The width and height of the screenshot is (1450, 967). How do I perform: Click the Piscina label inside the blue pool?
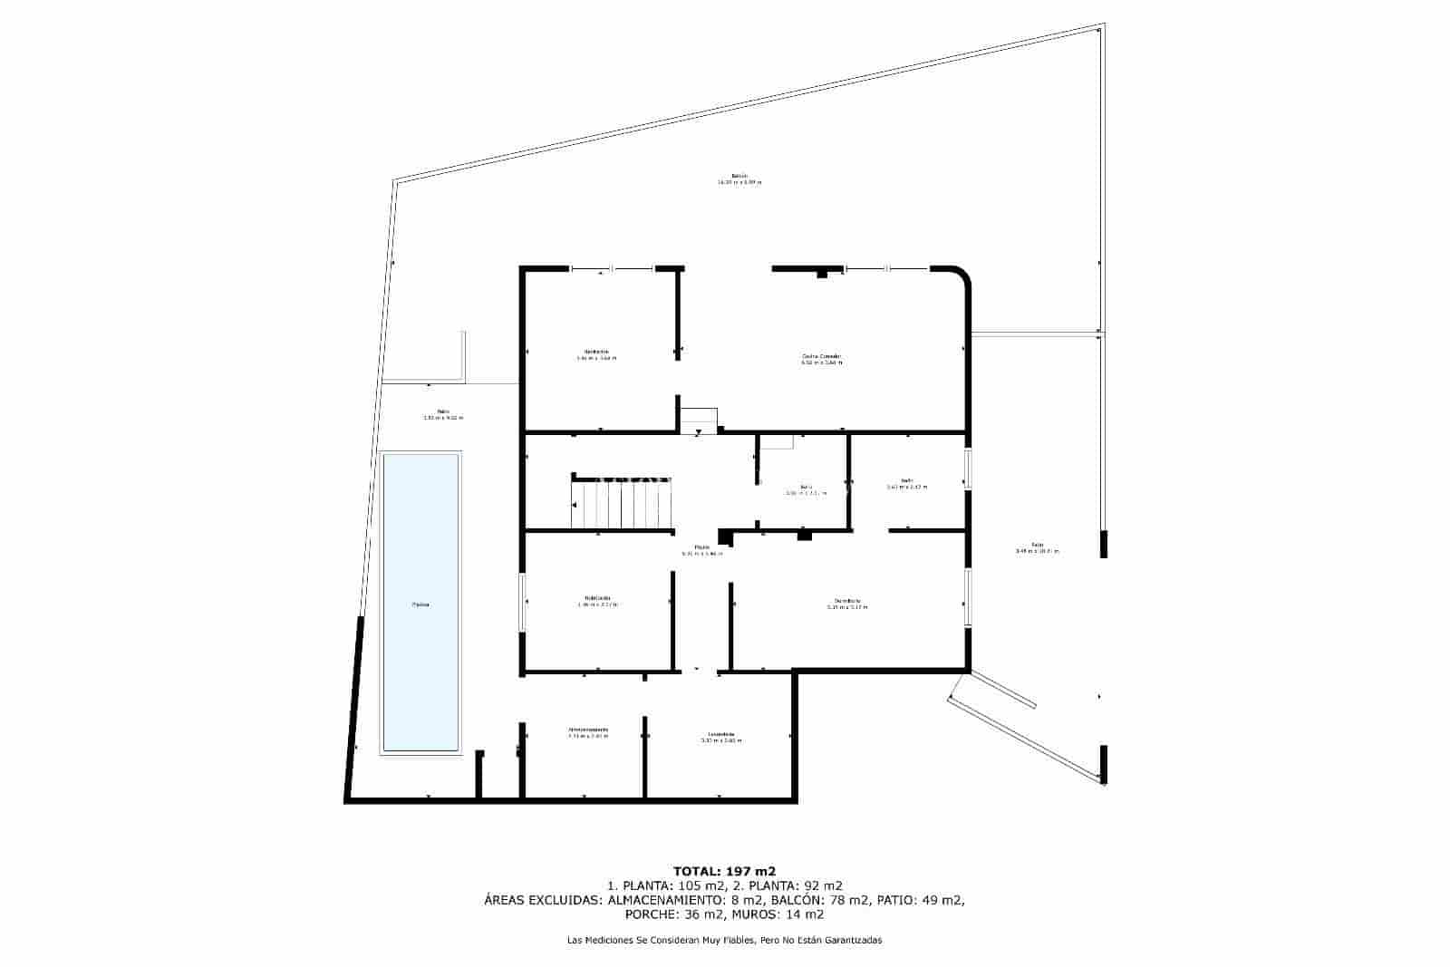pyautogui.click(x=420, y=604)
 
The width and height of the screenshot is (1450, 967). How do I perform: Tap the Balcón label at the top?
pyautogui.click(x=739, y=176)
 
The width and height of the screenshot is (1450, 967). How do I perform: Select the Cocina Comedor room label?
pyautogui.click(x=821, y=356)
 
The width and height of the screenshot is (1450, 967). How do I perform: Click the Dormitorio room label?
pyautogui.click(x=847, y=600)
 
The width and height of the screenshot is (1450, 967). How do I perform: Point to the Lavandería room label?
pyautogui.click(x=721, y=734)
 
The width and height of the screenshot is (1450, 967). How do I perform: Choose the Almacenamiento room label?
pyautogui.click(x=588, y=730)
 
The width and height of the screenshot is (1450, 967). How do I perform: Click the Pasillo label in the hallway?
pyautogui.click(x=701, y=547)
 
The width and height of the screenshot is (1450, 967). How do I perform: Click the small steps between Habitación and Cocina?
pyautogui.click(x=699, y=420)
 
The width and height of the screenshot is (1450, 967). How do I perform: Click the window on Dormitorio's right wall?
pyautogui.click(x=968, y=596)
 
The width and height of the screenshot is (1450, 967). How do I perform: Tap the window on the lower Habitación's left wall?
pyautogui.click(x=523, y=601)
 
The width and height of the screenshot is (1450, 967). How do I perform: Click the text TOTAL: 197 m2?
pyautogui.click(x=724, y=871)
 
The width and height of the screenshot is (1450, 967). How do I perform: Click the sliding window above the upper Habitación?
pyautogui.click(x=613, y=268)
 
